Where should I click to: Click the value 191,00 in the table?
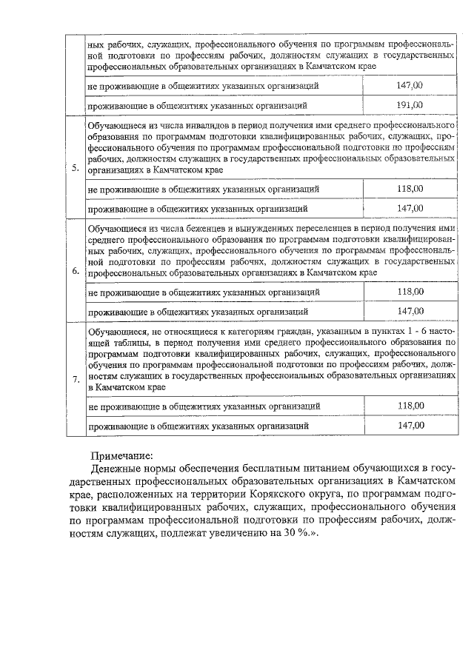[410, 104]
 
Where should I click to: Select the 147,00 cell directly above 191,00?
[410, 86]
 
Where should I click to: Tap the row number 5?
[76, 167]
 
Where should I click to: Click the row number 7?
[76, 380]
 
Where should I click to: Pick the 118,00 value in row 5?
[410, 189]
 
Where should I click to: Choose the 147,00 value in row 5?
[410, 208]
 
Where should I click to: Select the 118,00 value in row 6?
[410, 292]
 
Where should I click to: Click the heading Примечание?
[121, 455]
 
